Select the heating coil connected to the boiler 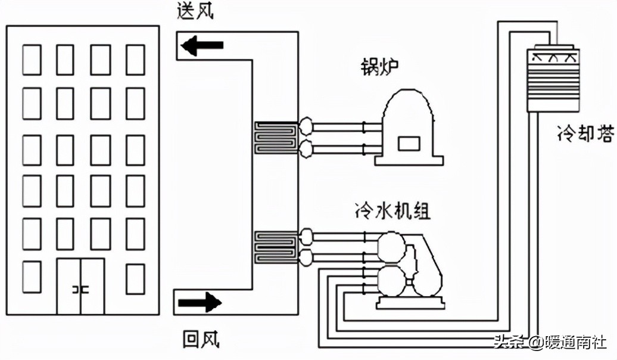(276, 138)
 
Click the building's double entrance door (80, 286)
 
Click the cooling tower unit (553, 80)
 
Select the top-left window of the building (32, 60)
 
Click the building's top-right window (135, 60)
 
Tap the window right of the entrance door (135, 278)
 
